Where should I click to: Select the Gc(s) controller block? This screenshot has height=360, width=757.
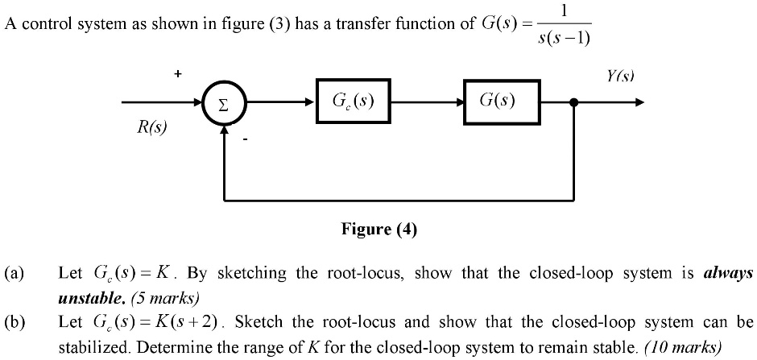click(x=354, y=101)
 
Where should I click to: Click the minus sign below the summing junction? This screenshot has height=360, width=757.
click(x=247, y=142)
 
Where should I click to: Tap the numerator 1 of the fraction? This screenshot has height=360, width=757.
click(x=565, y=10)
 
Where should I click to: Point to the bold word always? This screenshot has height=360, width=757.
click(x=728, y=273)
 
